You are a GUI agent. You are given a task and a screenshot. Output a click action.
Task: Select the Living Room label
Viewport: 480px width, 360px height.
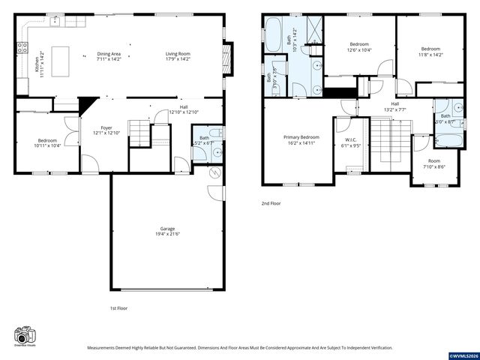pyautogui.click(x=178, y=53)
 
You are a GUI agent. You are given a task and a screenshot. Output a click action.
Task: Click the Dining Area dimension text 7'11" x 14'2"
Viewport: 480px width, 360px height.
pyautogui.click(x=109, y=59)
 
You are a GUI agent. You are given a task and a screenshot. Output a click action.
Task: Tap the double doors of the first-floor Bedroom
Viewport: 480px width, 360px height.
pyautogui.click(x=71, y=132)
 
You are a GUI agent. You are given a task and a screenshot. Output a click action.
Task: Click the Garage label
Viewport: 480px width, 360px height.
pyautogui.click(x=166, y=229)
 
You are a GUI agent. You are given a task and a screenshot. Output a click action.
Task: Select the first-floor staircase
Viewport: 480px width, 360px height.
pyautogui.click(x=139, y=133)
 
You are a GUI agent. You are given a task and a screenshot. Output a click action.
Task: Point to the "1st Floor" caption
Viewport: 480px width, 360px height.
pyautogui.click(x=118, y=308)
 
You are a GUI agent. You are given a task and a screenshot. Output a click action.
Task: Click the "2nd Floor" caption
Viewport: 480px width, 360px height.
pyautogui.click(x=270, y=203)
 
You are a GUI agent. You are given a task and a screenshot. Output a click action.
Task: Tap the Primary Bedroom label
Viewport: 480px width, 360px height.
pyautogui.click(x=301, y=137)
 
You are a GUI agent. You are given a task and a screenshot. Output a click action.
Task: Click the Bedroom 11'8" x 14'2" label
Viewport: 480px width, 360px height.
pyautogui.click(x=430, y=49)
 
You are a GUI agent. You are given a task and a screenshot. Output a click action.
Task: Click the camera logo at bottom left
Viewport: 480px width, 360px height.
pyautogui.click(x=24, y=335)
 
